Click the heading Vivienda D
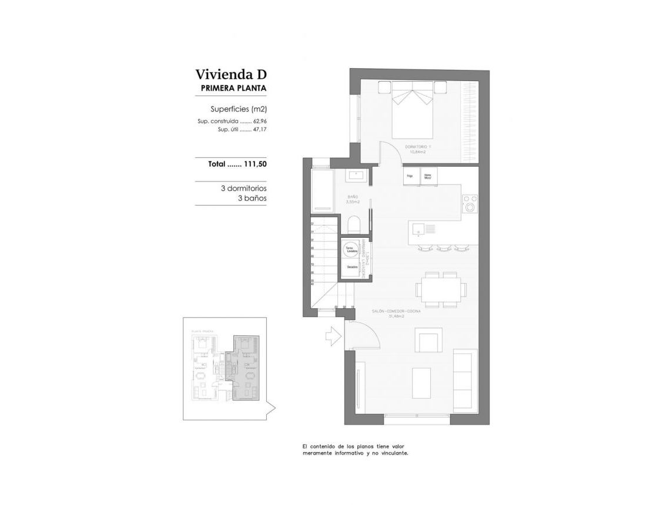click(231, 75)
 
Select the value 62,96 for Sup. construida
click(260, 122)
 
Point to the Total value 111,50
click(255, 164)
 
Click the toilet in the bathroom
click(354, 224)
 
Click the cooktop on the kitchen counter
click(470, 204)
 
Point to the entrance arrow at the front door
click(333, 336)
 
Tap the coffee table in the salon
click(421, 383)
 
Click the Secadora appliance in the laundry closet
click(352, 267)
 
